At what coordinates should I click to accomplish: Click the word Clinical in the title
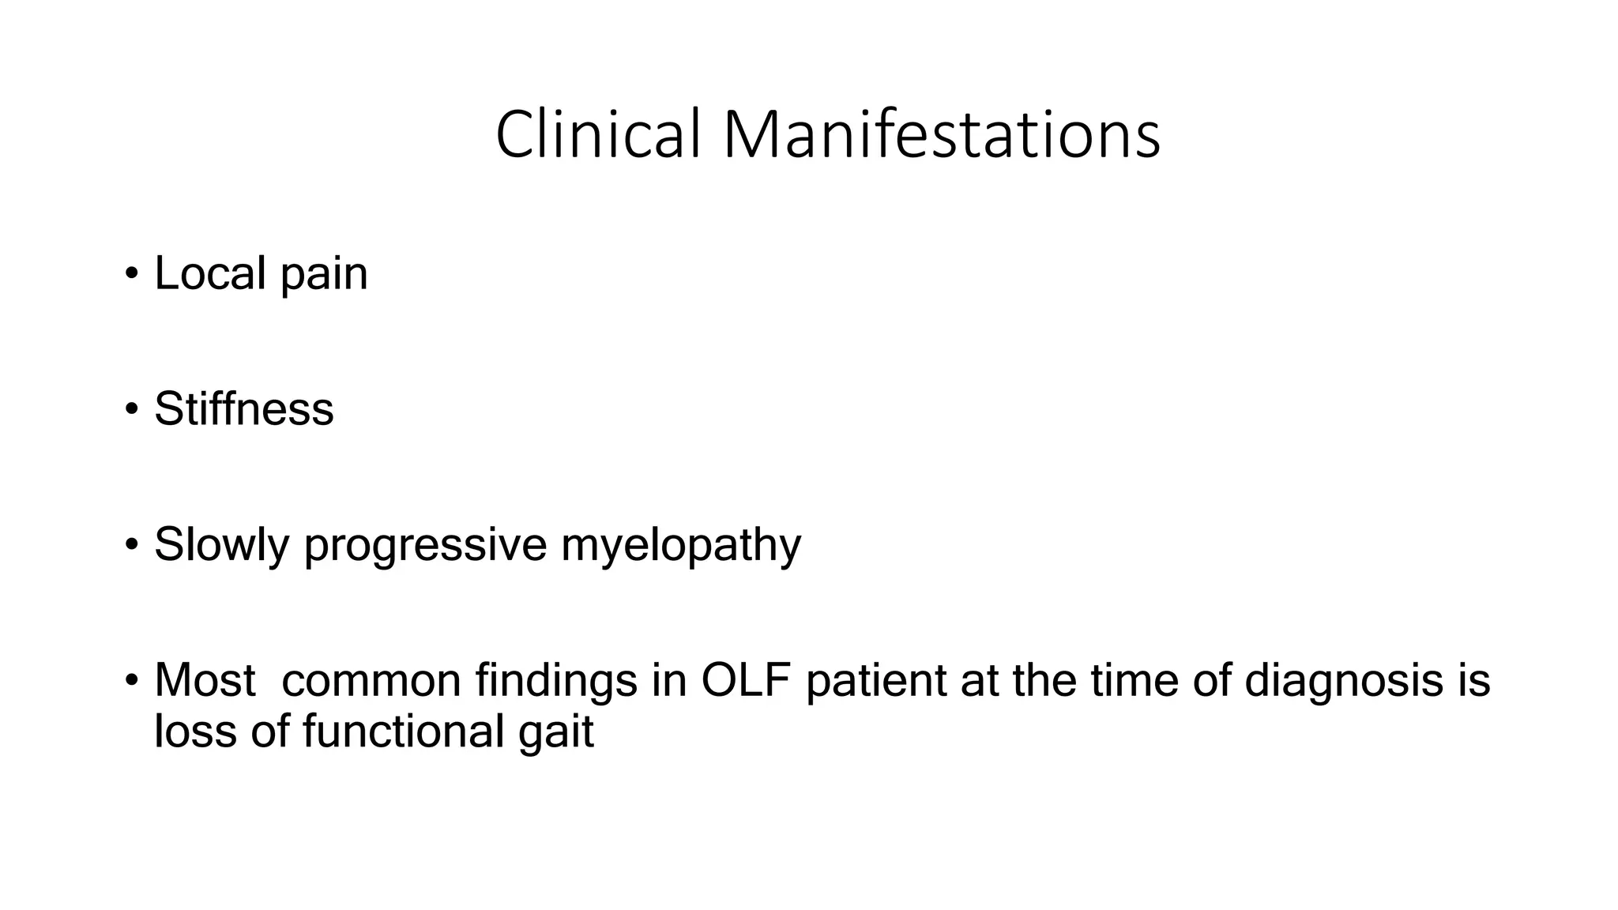(598, 134)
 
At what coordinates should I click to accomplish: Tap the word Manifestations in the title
(941, 134)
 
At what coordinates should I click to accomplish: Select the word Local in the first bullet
(210, 273)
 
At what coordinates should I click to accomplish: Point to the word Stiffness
(244, 409)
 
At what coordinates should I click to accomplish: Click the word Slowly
(222, 545)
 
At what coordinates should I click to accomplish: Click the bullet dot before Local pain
(131, 275)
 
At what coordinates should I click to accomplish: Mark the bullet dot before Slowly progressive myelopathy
(131, 546)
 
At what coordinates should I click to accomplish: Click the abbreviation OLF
(746, 680)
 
